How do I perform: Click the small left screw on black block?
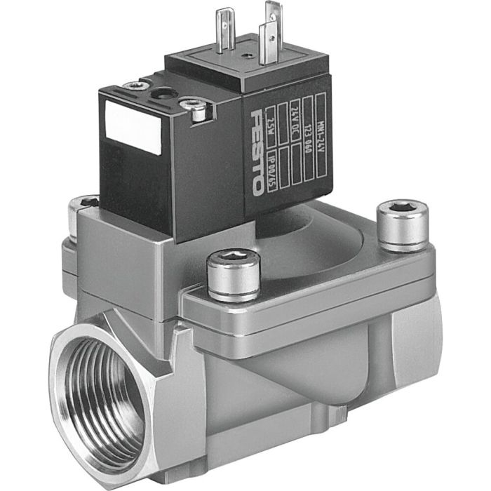pyautogui.click(x=132, y=86)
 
